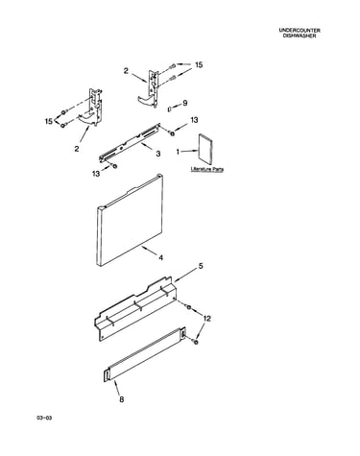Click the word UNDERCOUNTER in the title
[x=300, y=30]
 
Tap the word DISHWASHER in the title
[x=300, y=36]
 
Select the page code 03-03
[x=44, y=418]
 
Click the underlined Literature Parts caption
[x=207, y=169]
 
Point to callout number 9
[x=184, y=103]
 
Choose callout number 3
[x=158, y=154]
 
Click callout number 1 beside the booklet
[x=178, y=152]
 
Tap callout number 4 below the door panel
[x=160, y=257]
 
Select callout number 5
[x=201, y=266]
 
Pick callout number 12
[x=206, y=319]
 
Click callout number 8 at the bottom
[x=122, y=399]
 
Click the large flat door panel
[x=130, y=221]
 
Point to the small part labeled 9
[x=170, y=109]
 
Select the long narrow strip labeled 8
[x=145, y=354]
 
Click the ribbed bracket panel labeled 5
[x=135, y=310]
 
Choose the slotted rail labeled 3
[x=130, y=141]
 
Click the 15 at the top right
[x=199, y=65]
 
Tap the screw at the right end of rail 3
[x=172, y=133]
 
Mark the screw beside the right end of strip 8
[x=196, y=342]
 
